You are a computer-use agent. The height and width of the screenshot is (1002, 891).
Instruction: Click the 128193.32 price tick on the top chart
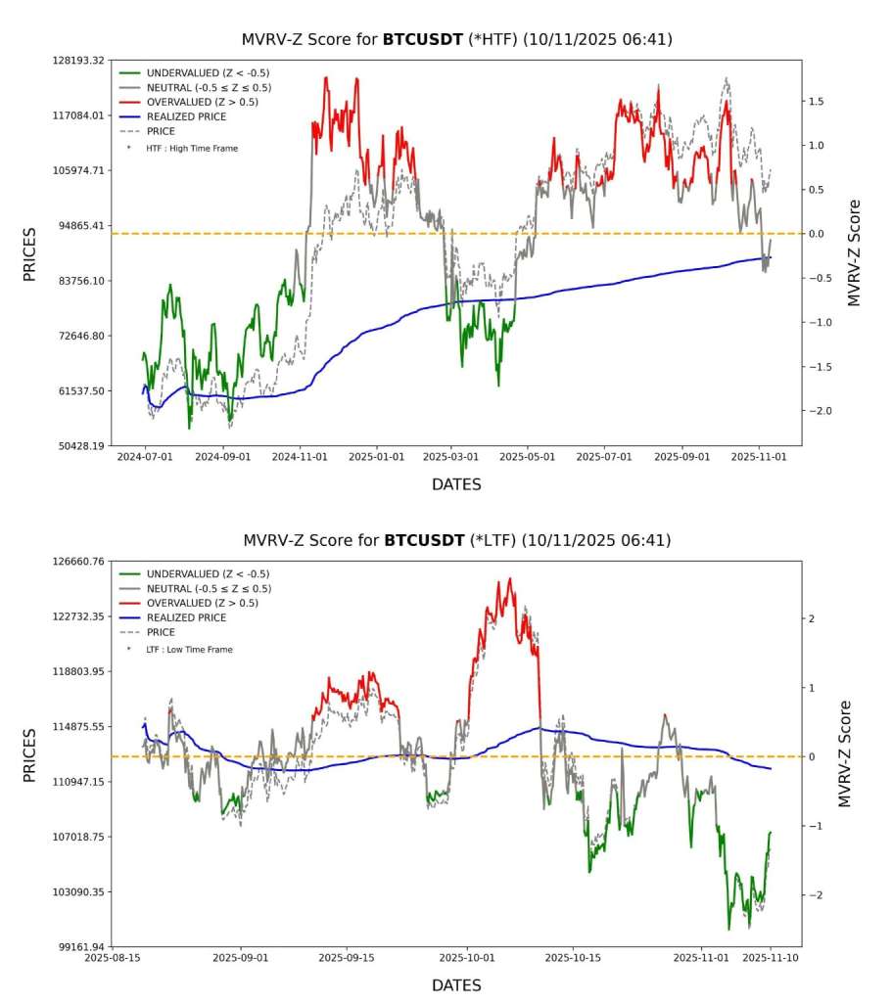pos(77,61)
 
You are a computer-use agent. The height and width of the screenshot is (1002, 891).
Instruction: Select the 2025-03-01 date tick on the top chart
pos(451,456)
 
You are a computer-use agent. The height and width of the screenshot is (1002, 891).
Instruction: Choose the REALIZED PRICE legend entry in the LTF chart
pos(186,617)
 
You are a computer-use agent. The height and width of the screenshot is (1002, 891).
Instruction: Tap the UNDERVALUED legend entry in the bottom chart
pos(208,574)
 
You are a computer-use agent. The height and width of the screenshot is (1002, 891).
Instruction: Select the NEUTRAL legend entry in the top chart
pos(209,87)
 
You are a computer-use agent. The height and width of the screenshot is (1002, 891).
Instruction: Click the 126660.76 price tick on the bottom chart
pos(77,562)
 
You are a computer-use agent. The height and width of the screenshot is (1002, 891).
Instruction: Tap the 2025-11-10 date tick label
pos(771,958)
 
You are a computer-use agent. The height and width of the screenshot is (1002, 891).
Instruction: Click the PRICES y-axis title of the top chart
pos(29,253)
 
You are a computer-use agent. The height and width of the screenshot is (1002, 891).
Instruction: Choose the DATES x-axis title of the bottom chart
pos(456,984)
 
